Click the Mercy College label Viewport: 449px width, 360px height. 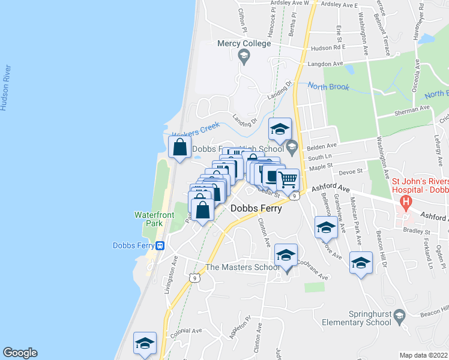pyautogui.click(x=244, y=44)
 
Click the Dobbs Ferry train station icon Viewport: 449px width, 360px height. pyautogui.click(x=160, y=245)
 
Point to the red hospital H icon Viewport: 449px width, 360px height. pyautogui.click(x=407, y=203)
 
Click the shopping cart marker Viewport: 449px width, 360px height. pyautogui.click(x=288, y=179)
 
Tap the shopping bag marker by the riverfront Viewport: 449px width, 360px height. pyautogui.click(x=180, y=147)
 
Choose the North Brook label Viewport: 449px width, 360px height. pyautogui.click(x=328, y=87)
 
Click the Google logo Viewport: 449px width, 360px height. pyautogui.click(x=20, y=353)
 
